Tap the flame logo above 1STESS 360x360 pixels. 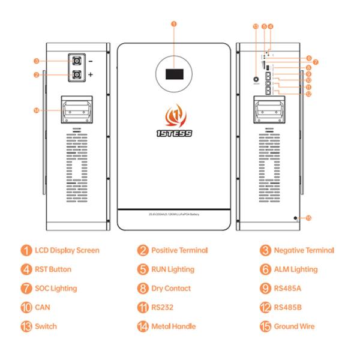click(x=173, y=115)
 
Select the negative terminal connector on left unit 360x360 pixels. click(x=77, y=61)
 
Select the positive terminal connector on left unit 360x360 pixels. click(x=77, y=75)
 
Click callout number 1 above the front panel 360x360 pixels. click(x=173, y=24)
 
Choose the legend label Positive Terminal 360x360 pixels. click(x=179, y=250)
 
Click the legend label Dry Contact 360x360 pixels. click(x=171, y=289)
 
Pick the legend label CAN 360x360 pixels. click(x=42, y=308)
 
